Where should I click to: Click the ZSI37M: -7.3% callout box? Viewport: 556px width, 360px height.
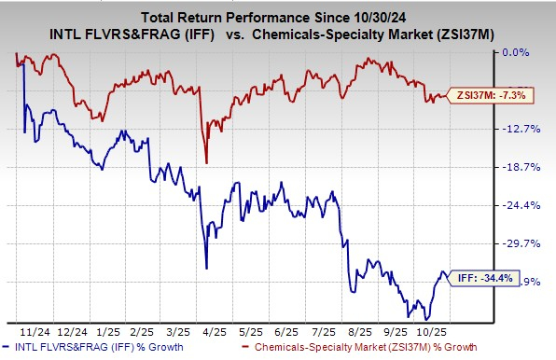pos(481,95)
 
